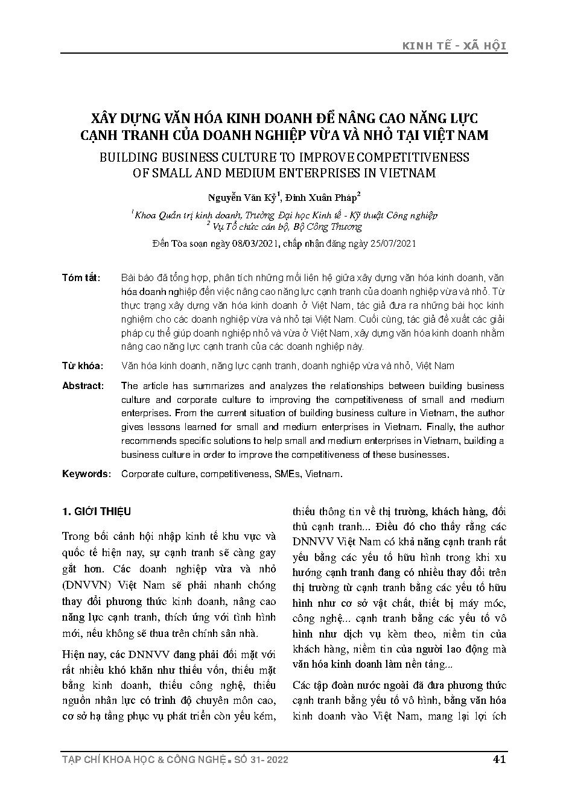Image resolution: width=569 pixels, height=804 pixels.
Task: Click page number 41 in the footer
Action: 499,759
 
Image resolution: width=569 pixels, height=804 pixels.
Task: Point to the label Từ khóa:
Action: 83,366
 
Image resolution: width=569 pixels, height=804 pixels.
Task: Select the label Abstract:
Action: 83,386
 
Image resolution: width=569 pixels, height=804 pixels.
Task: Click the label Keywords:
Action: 86,474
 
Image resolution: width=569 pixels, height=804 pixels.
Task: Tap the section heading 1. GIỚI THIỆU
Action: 97,512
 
